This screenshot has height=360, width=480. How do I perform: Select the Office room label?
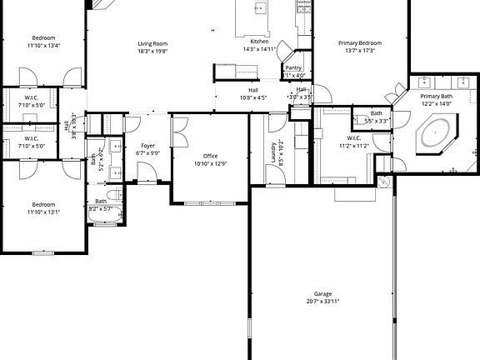click(x=210, y=156)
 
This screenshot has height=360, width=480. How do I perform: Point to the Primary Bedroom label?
click(x=360, y=42)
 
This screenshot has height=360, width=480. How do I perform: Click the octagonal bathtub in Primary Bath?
click(x=435, y=134)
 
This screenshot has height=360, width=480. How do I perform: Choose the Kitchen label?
click(x=259, y=42)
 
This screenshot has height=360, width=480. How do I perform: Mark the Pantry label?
click(x=293, y=68)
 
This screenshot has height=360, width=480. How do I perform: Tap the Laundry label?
click(x=274, y=151)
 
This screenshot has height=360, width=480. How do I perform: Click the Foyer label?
click(x=147, y=146)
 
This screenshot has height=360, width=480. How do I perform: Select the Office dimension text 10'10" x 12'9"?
click(x=210, y=163)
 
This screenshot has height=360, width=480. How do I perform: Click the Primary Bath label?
click(x=436, y=97)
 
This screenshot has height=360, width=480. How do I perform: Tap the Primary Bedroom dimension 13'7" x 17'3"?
click(x=360, y=50)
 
